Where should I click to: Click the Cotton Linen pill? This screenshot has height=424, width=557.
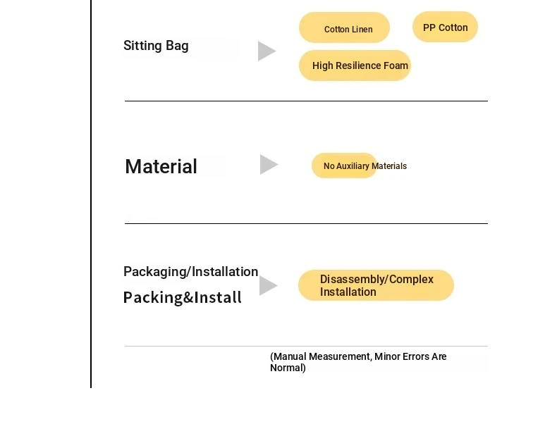pyautogui.click(x=344, y=27)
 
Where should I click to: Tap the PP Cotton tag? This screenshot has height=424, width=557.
pyautogui.click(x=445, y=27)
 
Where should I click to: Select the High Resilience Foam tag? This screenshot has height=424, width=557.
pyautogui.click(x=355, y=66)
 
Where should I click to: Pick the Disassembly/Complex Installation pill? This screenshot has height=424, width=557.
pyautogui.click(x=377, y=285)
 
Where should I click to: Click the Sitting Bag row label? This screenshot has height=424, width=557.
pyautogui.click(x=156, y=46)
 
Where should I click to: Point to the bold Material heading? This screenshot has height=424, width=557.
pyautogui.click(x=161, y=166)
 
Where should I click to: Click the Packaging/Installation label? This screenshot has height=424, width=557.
pyautogui.click(x=191, y=272)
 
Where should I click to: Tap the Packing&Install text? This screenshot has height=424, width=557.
pyautogui.click(x=182, y=297)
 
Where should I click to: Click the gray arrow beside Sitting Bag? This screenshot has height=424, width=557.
pyautogui.click(x=267, y=51)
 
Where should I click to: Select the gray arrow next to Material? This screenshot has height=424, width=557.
pyautogui.click(x=269, y=164)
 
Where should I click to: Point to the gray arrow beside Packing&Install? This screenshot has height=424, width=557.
pyautogui.click(x=268, y=285)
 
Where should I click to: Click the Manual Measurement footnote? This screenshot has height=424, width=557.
pyautogui.click(x=358, y=362)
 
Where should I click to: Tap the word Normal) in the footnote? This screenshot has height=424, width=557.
pyautogui.click(x=288, y=368)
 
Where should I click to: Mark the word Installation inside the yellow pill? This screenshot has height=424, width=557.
pyautogui.click(x=348, y=292)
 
